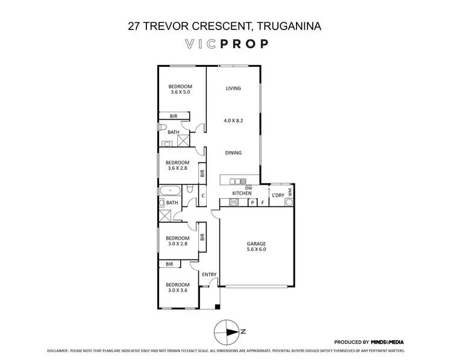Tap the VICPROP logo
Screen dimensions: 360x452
225,44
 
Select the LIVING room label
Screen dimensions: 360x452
233,88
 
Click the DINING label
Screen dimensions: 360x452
233,153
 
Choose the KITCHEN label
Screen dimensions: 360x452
242,193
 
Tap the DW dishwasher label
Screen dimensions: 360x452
239,187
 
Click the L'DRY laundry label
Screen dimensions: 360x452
278,195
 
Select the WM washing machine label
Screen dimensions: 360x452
289,192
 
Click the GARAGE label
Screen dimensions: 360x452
256,243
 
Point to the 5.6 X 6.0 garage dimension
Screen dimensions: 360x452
256,249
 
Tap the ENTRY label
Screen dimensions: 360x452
209,275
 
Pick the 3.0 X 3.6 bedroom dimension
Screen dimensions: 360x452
178,291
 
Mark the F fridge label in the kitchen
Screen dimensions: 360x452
263,203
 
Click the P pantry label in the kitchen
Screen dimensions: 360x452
252,203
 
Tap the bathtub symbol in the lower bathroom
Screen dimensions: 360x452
169,191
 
